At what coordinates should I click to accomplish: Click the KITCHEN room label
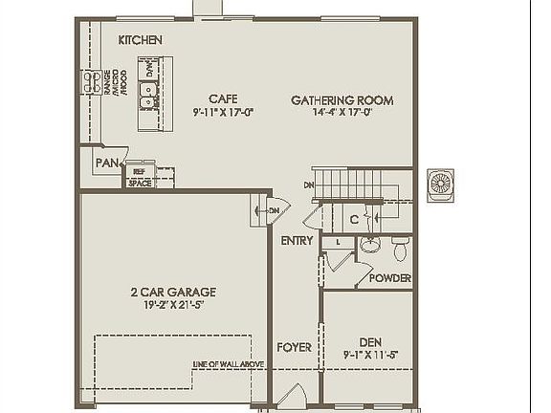coord(140,40)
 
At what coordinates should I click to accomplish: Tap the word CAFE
coord(223,98)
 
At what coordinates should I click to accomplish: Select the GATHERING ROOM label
coord(342,100)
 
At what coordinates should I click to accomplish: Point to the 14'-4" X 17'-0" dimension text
coord(342,112)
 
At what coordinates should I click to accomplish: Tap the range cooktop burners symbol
coord(91,82)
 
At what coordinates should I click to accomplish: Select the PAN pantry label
coord(105,163)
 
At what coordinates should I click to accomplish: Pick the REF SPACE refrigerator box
coord(140,177)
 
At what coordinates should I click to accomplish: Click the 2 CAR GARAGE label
coord(174,293)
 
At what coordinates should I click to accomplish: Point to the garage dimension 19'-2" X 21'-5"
coord(174,305)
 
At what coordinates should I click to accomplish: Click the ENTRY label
coord(297,241)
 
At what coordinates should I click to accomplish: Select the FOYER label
coord(294,347)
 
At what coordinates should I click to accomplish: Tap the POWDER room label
coord(390,278)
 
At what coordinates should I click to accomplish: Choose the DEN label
coord(369,341)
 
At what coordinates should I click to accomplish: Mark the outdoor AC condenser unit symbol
coord(440,183)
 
